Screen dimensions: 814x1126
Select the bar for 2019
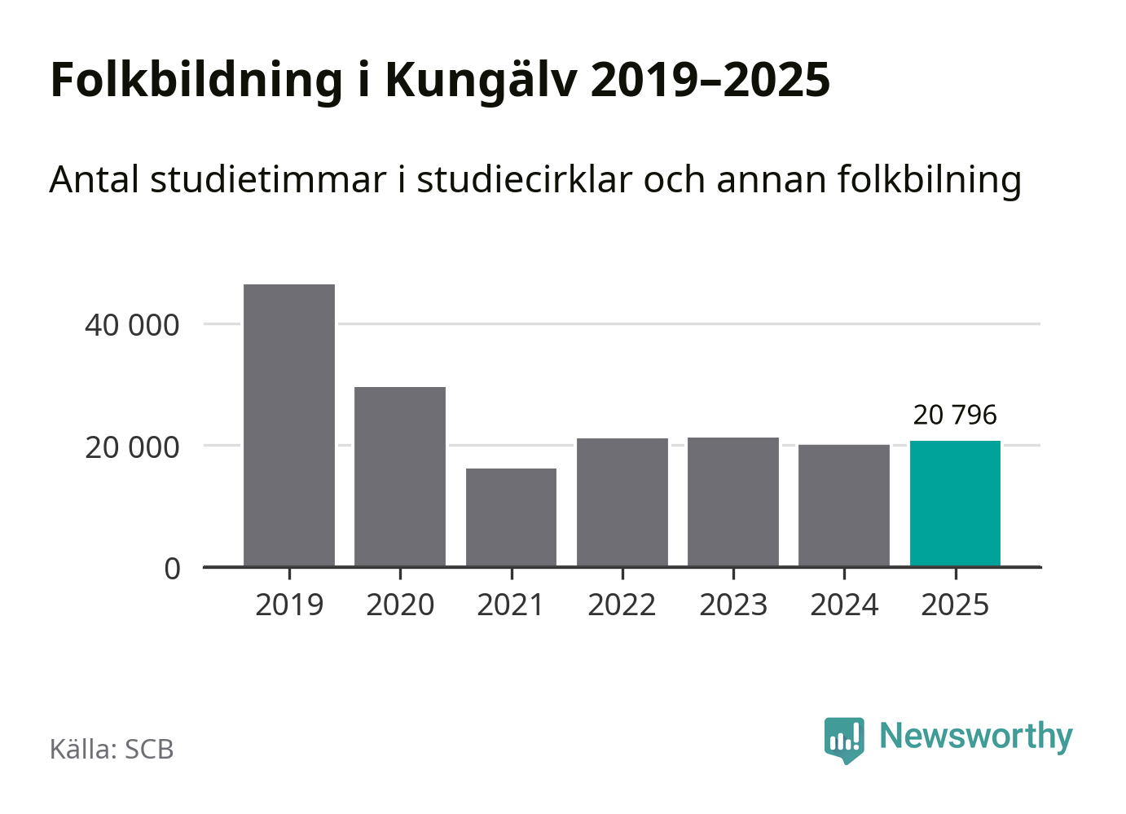click(289, 425)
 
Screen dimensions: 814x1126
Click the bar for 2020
click(400, 476)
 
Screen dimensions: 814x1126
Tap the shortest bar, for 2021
click(511, 517)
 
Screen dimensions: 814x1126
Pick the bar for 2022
click(622, 502)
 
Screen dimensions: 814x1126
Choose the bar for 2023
click(733, 501)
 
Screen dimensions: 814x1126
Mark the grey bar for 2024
click(844, 505)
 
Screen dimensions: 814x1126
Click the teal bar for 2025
click(955, 503)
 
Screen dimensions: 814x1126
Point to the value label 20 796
click(955, 415)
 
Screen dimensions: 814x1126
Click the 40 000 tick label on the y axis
click(132, 325)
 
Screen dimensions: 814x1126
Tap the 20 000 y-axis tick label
click(132, 447)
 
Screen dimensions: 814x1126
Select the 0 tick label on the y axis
click(172, 569)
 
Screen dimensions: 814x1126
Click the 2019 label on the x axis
click(289, 605)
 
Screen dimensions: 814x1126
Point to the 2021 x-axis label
click(511, 605)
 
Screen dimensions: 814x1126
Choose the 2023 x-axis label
click(733, 605)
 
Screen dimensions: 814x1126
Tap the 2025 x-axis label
click(955, 605)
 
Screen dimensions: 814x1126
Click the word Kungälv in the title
click(481, 81)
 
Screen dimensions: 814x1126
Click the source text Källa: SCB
click(112, 749)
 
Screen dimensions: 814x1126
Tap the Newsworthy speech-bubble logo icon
click(844, 739)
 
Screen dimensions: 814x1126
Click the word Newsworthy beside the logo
click(976, 736)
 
